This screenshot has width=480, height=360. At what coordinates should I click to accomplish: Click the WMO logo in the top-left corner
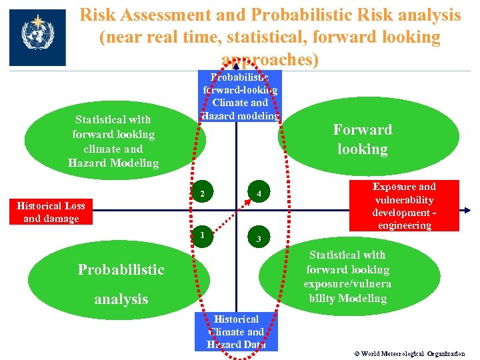37,37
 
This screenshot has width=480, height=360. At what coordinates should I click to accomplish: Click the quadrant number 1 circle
200,235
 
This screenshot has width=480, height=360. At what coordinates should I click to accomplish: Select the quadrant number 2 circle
201,194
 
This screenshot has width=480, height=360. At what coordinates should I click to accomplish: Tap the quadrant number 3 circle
258,239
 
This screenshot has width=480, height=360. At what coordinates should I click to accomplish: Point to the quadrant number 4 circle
257,194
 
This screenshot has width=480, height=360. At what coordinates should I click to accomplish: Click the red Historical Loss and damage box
51,212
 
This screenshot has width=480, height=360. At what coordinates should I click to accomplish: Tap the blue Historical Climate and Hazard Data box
236,331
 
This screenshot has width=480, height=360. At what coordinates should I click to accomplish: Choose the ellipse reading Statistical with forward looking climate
113,141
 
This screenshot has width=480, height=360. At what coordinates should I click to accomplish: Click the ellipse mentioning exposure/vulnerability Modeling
347,277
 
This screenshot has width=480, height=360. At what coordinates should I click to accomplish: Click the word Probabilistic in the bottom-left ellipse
121,269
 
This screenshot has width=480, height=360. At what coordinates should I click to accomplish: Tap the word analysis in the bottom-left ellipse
121,299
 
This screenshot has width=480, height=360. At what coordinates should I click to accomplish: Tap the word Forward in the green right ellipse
363,129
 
